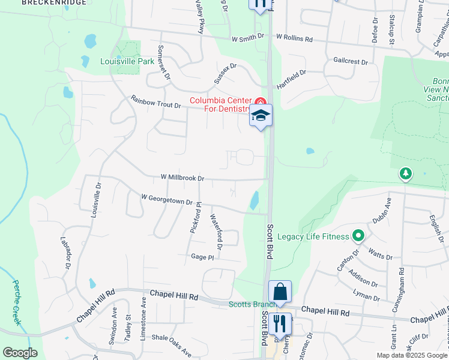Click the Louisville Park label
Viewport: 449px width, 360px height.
coord(127,61)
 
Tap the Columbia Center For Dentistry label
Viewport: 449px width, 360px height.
coord(220,104)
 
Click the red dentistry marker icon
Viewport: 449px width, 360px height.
coord(260,101)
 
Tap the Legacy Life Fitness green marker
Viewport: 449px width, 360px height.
coord(358,236)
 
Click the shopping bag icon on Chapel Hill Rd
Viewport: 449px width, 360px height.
coord(280,292)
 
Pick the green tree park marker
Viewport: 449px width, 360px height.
coord(406,174)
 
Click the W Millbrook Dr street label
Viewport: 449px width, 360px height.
coord(182,178)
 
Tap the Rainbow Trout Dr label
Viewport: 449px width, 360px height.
coord(155,101)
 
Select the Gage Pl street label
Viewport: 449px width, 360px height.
coord(202,257)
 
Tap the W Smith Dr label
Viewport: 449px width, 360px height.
coord(248,37)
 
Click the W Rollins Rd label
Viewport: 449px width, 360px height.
coord(294,38)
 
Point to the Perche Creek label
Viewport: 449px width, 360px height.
coord(17,302)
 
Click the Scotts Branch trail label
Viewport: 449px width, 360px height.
coord(248,304)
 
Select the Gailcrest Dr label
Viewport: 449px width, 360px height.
coord(350,61)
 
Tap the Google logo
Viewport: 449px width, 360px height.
coord(20,353)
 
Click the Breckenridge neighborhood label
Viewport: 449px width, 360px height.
coord(53,2)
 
